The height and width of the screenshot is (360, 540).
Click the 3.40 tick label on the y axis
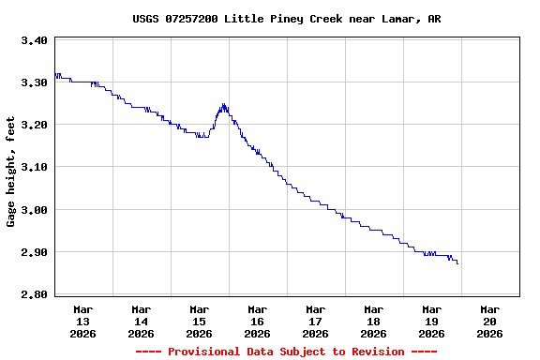pos(34,40)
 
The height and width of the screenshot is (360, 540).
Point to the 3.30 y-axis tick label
pos(34,82)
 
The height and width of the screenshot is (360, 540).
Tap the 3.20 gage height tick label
pos(34,125)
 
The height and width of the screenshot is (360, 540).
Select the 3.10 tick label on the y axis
pos(34,167)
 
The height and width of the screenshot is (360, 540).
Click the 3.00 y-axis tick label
pos(34,210)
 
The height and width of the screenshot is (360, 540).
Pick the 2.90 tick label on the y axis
pos(34,252)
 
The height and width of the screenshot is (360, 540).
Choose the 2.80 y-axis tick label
pos(34,294)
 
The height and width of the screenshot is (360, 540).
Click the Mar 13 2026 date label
pos(83,321)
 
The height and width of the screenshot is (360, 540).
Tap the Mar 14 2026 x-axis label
pos(142,321)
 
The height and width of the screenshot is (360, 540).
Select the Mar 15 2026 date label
pos(200,321)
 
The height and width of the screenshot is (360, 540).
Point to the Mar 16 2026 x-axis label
pos(258,321)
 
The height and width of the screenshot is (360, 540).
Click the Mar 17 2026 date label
pos(316,321)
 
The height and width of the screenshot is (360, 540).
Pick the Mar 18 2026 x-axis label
pos(374,321)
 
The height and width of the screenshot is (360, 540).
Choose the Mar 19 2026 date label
pos(432,321)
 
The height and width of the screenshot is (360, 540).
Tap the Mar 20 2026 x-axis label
pos(490,321)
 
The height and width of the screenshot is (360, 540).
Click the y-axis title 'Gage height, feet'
pos(11,172)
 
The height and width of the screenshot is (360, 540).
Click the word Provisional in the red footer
pos(204,352)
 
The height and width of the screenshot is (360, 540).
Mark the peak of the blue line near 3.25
pos(223,104)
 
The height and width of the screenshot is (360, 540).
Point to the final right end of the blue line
pos(458,264)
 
